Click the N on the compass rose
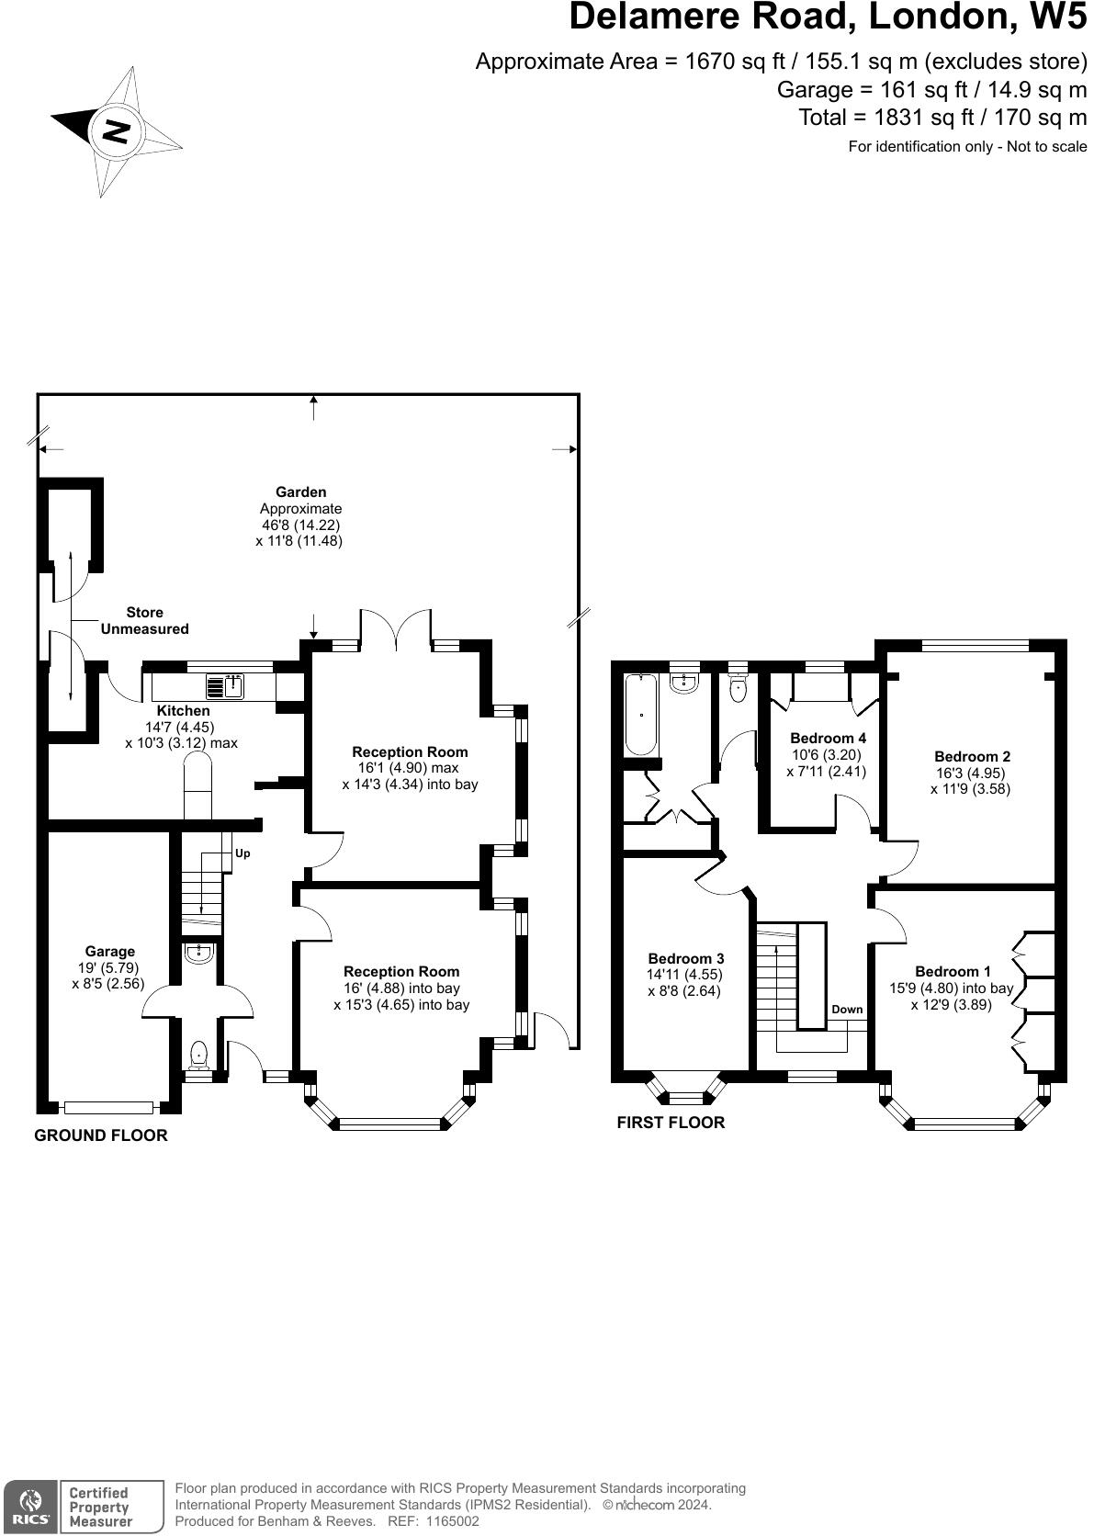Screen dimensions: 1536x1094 [x=116, y=130]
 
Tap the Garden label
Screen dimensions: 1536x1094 [x=300, y=492]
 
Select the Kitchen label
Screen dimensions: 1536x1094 [x=183, y=710]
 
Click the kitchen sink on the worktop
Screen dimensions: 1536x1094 [x=224, y=685]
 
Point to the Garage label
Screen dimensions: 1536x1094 [x=110, y=951]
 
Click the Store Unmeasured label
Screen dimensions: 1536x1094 [x=144, y=620]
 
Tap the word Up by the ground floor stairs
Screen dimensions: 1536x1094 [x=242, y=853]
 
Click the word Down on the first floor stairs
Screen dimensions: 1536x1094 [x=847, y=1009]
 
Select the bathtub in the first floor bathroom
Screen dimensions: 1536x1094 [x=640, y=715]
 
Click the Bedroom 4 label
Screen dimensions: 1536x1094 [x=828, y=738]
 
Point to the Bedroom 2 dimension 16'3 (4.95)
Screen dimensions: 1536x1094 [x=970, y=773]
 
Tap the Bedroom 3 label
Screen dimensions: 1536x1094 [x=685, y=958]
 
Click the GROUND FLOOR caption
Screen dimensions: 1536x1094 [x=101, y=1135]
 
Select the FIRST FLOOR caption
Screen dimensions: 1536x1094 [x=671, y=1122]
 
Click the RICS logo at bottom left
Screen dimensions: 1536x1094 [x=28, y=1506]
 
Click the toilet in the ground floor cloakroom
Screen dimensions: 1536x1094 [x=197, y=1056]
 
